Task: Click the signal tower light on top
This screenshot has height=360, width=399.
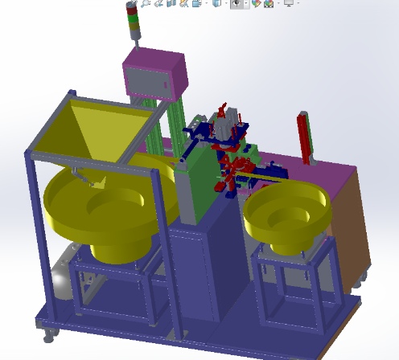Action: tap(133, 22)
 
